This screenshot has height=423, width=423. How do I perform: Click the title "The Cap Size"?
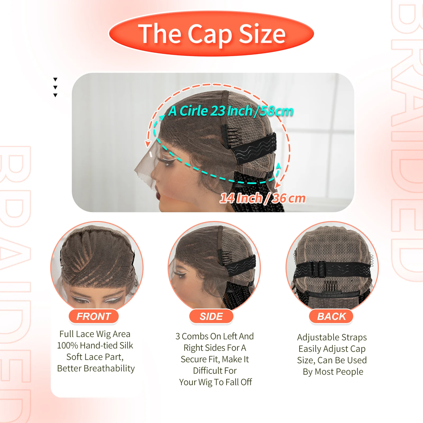(212, 34)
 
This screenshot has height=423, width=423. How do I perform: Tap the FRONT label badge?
(94, 316)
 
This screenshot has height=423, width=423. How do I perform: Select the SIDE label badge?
(211, 316)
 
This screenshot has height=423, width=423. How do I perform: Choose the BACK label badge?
(331, 316)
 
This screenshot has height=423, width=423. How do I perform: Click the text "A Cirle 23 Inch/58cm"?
(231, 111)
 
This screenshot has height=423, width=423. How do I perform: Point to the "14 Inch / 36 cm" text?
(263, 198)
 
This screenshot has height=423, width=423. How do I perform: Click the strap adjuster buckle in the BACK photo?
(318, 269)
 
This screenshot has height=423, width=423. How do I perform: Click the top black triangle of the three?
(55, 79)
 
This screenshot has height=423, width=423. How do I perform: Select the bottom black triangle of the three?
(55, 95)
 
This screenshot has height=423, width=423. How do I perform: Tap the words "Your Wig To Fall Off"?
(215, 382)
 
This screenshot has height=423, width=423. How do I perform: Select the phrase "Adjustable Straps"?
(332, 337)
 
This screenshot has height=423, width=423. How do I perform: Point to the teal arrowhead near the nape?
(278, 166)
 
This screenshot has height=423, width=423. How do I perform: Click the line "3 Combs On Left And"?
(214, 336)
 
